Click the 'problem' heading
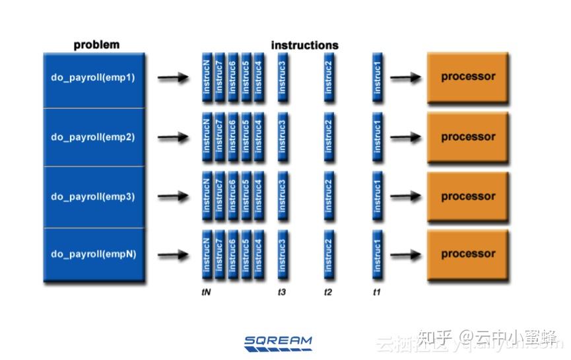pos(96,45)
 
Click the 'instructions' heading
pos(304,46)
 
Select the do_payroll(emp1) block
pos(93,77)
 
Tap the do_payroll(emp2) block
pos(93,137)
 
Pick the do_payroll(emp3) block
pos(93,197)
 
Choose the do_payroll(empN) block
pos(93,254)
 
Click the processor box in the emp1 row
pos(468,77)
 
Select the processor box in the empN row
pos(468,254)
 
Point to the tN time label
pos(206,291)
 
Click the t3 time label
pos(282,291)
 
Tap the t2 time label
pos(328,291)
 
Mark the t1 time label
pos(377,291)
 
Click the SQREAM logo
pos(278,342)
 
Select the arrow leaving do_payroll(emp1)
pos(173,78)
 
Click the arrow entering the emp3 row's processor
pos(405,197)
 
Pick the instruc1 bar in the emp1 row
pos(378,77)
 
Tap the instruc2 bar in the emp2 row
pos(329,137)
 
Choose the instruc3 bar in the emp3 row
pos(283,196)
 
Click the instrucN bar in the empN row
pos(207,254)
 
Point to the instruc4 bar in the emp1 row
pos(259,77)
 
